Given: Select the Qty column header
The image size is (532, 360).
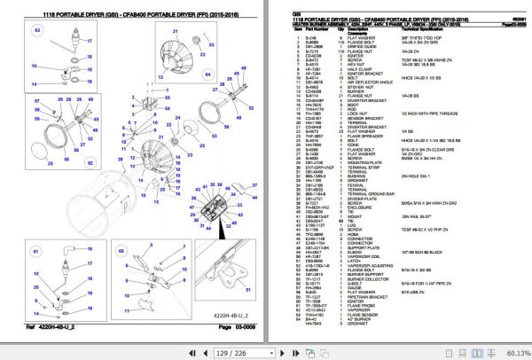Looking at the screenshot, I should click(340, 28).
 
